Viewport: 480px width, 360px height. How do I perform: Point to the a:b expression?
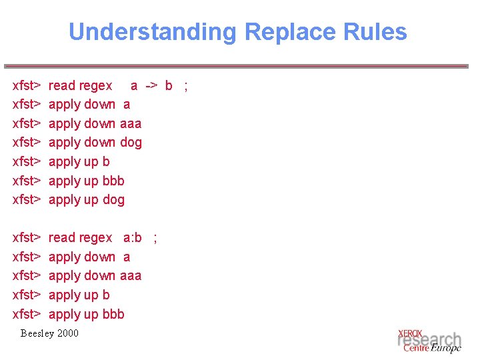(133, 237)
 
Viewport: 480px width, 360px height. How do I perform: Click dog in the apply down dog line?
(131, 142)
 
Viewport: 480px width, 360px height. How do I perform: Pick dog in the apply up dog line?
(113, 199)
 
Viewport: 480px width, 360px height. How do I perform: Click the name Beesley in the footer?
(36, 333)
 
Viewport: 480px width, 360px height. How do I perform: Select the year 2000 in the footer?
(67, 333)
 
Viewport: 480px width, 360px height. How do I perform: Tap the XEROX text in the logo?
(410, 333)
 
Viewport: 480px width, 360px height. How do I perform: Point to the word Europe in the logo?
(446, 348)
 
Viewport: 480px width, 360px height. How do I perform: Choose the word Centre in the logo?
(416, 348)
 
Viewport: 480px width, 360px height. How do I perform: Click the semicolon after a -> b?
(186, 85)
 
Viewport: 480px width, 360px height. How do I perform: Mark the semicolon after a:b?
(155, 237)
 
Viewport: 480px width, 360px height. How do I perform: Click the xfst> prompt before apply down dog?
(27, 142)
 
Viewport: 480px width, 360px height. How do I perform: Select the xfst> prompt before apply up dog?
(27, 199)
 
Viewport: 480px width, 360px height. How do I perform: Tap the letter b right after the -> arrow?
(169, 85)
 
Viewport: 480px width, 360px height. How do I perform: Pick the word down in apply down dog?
(100, 142)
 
